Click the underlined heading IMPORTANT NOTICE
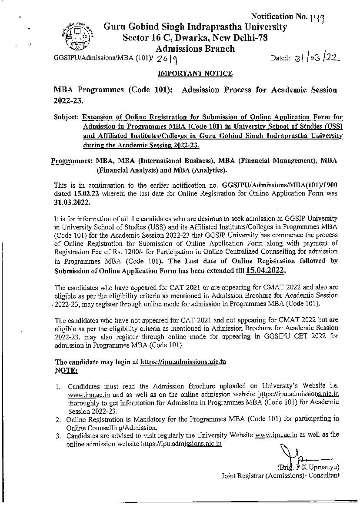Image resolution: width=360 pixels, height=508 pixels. click(195, 73)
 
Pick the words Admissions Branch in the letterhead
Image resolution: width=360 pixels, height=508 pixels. click(195, 49)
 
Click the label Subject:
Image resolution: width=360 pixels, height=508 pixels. click(66, 117)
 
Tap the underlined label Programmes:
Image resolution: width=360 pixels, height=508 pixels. click(71, 161)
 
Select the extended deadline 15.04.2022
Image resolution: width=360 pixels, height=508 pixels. click(265, 270)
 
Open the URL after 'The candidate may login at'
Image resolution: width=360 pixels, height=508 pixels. click(183, 362)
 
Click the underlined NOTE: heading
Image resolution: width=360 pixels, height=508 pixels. click(66, 370)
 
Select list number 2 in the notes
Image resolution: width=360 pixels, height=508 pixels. click(58, 419)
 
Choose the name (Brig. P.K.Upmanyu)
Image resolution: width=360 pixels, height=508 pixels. click(308, 467)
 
